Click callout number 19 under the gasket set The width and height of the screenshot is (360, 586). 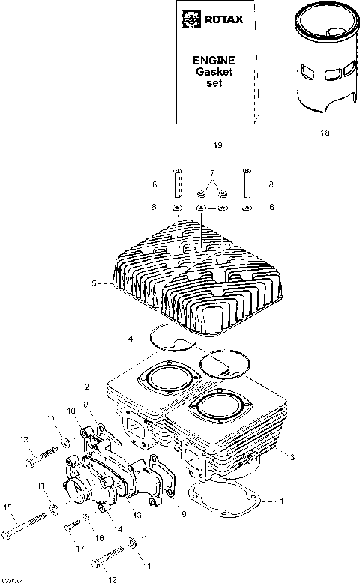click(218, 145)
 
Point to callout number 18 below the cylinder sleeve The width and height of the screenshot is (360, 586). click(325, 133)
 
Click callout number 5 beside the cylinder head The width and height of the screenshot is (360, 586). click(94, 284)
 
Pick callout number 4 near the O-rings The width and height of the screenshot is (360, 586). click(131, 339)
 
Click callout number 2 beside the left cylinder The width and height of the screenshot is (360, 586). click(88, 387)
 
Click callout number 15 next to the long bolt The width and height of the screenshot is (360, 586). click(8, 508)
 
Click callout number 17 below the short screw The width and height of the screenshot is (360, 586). click(80, 549)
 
